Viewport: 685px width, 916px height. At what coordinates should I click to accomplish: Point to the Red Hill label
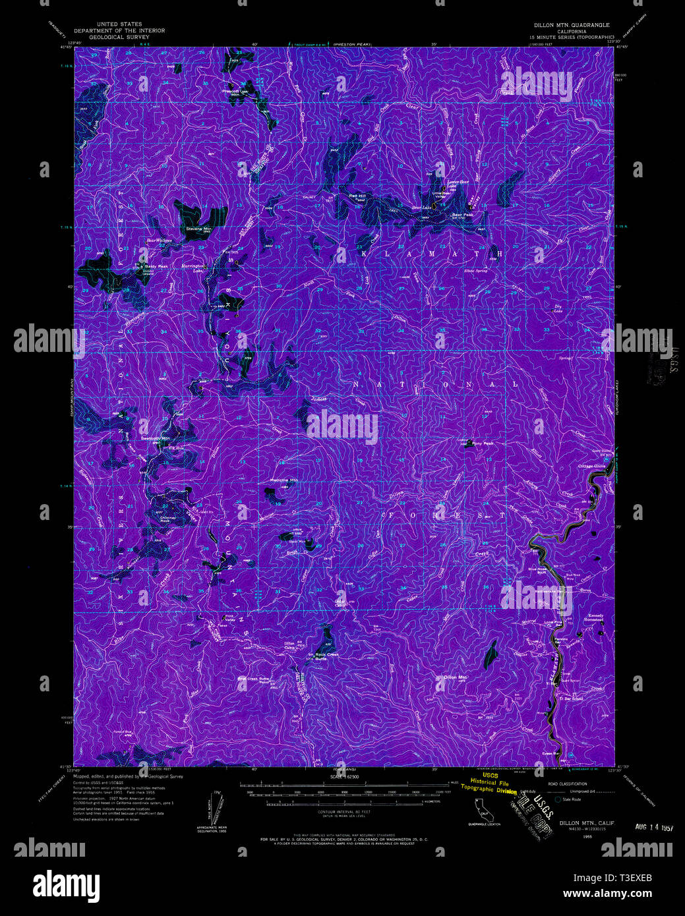click(357, 196)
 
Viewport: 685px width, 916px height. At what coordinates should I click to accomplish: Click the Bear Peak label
click(462, 214)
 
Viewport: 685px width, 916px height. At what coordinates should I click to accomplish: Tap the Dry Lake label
click(558, 308)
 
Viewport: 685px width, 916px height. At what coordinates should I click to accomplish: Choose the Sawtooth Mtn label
click(156, 438)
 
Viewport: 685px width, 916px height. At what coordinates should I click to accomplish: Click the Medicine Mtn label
click(284, 480)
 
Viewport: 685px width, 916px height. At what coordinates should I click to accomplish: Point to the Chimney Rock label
click(169, 519)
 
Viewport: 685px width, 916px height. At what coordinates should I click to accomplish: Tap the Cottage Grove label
click(591, 466)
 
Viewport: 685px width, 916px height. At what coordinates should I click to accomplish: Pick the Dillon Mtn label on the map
click(456, 677)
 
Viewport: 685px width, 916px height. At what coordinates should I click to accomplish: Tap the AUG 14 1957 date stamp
click(653, 826)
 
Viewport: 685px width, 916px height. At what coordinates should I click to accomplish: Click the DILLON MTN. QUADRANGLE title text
click(572, 24)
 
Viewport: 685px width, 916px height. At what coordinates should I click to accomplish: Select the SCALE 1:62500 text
click(343, 777)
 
